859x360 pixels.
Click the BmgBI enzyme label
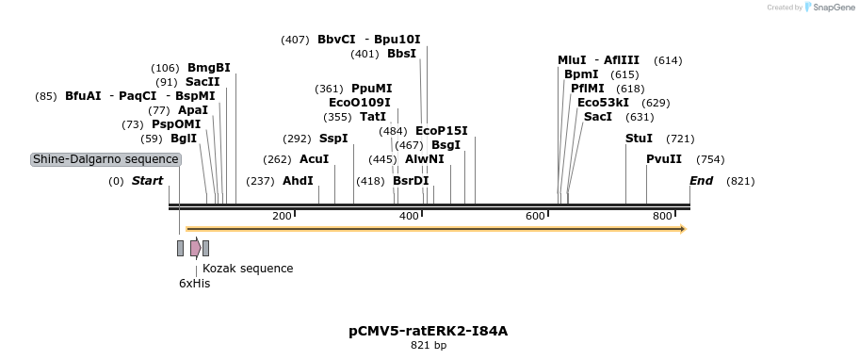[x=208, y=68]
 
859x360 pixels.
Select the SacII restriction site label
[x=203, y=82]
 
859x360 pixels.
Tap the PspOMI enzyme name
[x=176, y=124]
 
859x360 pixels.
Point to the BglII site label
[x=184, y=139]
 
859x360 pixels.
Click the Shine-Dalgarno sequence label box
[x=105, y=159]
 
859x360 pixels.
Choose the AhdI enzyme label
[x=298, y=181]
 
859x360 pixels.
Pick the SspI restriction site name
[x=333, y=139]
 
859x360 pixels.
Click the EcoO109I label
[x=360, y=103]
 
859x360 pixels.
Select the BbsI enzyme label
[x=401, y=54]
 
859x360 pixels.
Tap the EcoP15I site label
[x=442, y=131]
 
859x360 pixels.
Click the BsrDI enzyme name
[x=411, y=181]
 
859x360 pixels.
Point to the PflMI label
[x=588, y=89]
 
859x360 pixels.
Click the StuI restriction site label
[x=639, y=139]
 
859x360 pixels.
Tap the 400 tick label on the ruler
[x=409, y=217]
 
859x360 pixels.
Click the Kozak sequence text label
[x=248, y=269]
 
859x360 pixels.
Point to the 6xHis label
[x=195, y=283]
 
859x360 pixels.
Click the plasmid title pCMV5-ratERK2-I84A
[x=429, y=331]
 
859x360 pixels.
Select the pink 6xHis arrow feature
[x=195, y=248]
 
